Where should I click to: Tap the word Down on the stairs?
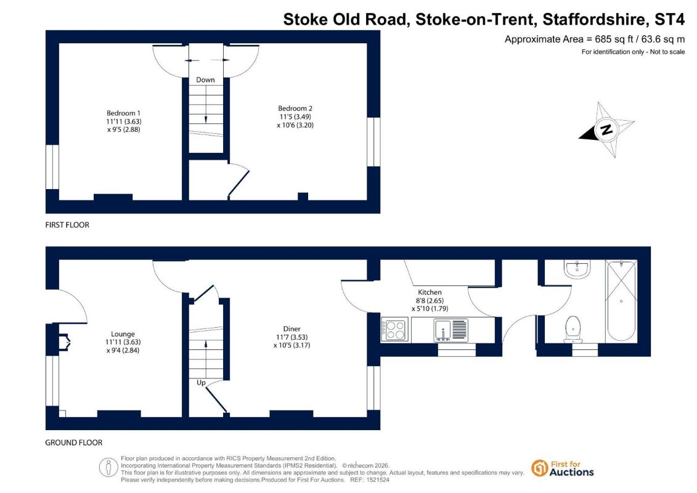click(205, 79)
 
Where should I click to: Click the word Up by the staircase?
click(201, 382)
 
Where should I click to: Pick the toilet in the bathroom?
click(573, 330)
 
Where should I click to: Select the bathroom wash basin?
click(577, 269)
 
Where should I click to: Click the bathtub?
click(621, 301)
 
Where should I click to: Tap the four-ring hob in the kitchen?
click(395, 330)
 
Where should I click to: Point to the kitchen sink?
click(450, 330)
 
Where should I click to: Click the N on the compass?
click(606, 129)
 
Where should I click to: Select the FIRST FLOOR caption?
click(67, 225)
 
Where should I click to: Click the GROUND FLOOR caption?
click(74, 442)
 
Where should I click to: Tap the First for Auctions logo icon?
click(540, 468)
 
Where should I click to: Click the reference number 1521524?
click(378, 480)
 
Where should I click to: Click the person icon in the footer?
click(108, 468)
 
